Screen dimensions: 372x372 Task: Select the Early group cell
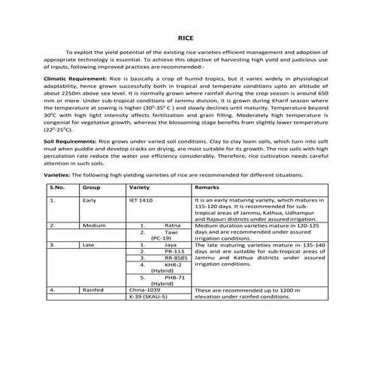(x=90, y=201)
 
